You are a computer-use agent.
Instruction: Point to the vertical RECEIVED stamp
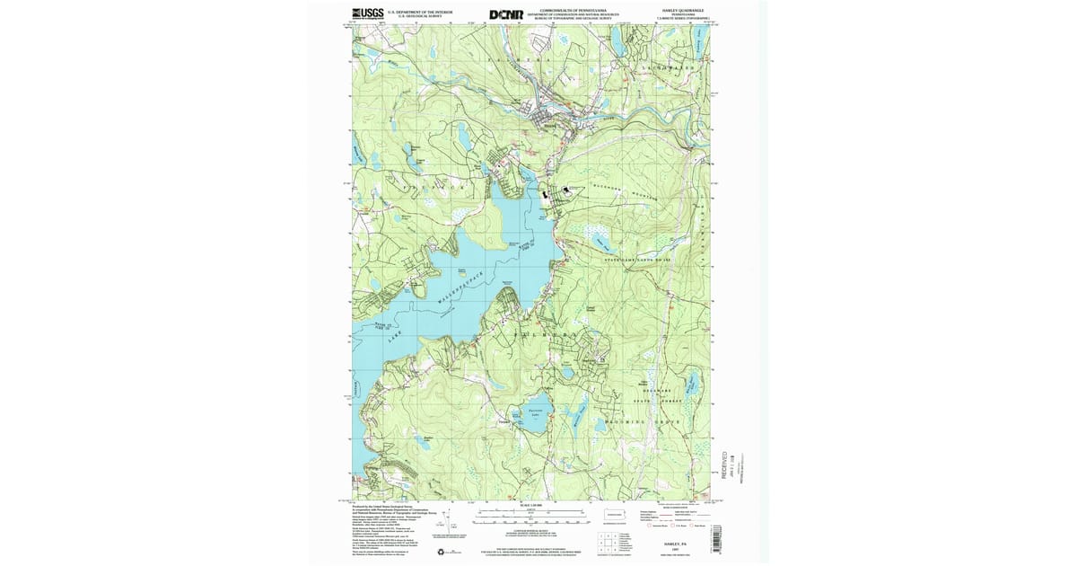tap(725, 464)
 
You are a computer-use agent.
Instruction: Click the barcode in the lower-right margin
tap(714, 539)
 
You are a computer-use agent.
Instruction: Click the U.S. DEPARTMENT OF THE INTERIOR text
tap(414, 12)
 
